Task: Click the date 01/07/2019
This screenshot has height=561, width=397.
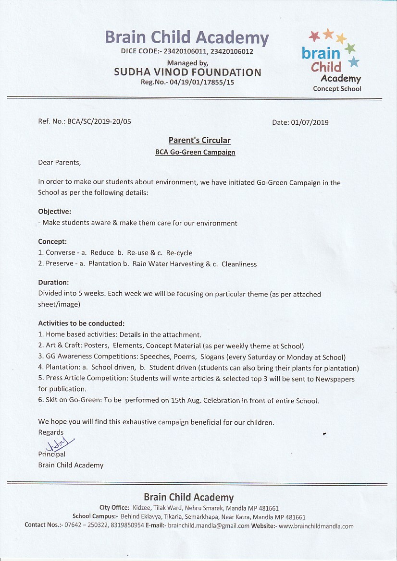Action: coord(310,122)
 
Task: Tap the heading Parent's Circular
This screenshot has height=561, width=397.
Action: coord(199,140)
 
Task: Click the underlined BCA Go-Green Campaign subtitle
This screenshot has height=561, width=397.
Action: coord(195,152)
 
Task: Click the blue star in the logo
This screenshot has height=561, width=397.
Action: coord(354,62)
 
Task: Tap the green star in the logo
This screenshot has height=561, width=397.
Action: coord(350,48)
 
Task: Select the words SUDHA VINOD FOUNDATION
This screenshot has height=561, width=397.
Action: coord(187,72)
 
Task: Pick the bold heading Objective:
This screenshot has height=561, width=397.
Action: coord(55,211)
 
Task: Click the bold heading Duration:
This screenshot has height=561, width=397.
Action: coord(53,283)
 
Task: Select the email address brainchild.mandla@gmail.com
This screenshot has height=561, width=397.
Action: coord(209,525)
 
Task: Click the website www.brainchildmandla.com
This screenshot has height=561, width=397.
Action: coord(316,525)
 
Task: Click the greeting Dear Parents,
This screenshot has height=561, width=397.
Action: coord(60,163)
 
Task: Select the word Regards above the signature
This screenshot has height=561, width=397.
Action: coord(51,432)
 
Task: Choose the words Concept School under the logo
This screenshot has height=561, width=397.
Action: coord(337,89)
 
